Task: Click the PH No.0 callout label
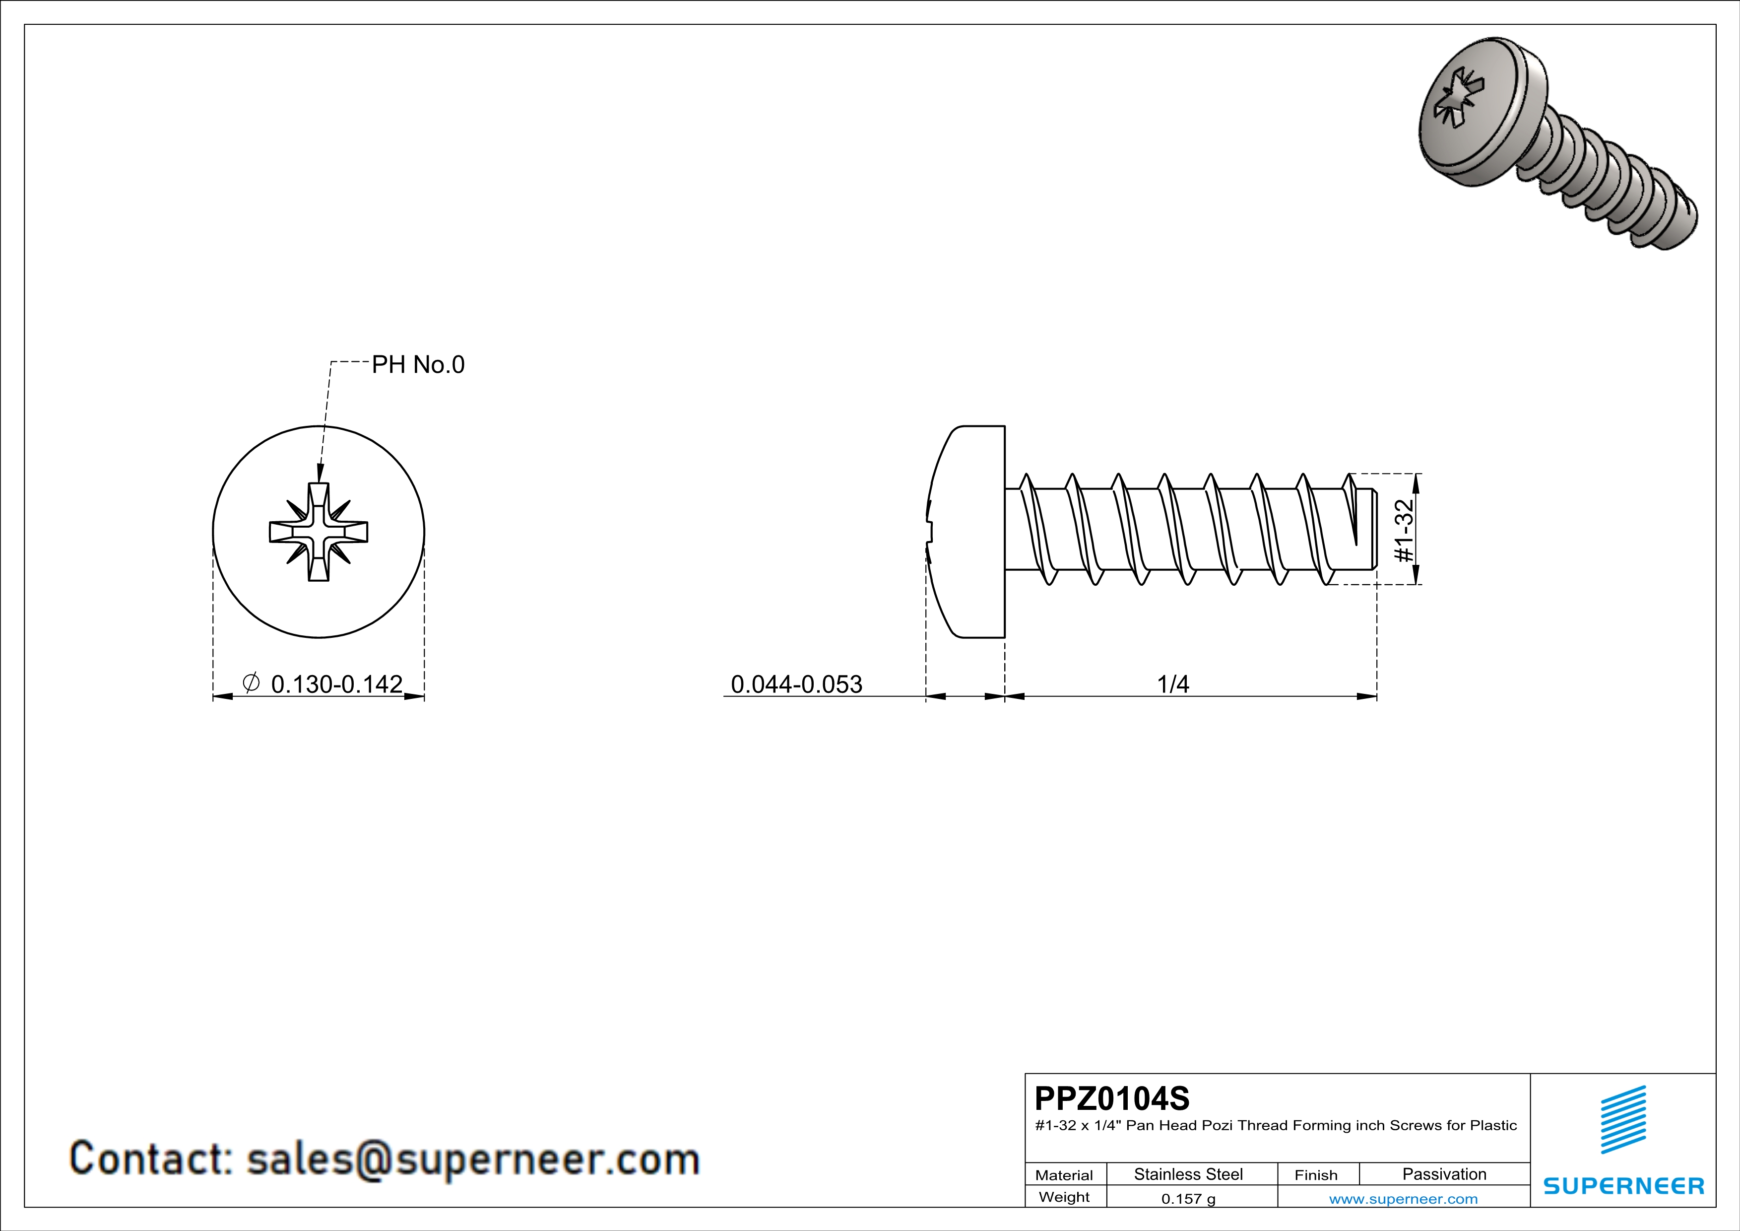coord(418,365)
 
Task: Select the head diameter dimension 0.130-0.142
coord(336,684)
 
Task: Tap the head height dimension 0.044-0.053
coord(796,684)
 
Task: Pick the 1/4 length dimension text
coord(1172,684)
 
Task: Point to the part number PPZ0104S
coord(1112,1098)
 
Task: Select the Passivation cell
coord(1444,1174)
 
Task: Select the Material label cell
coord(1064,1175)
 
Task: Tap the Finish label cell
coord(1316,1175)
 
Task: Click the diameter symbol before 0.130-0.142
coord(251,682)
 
